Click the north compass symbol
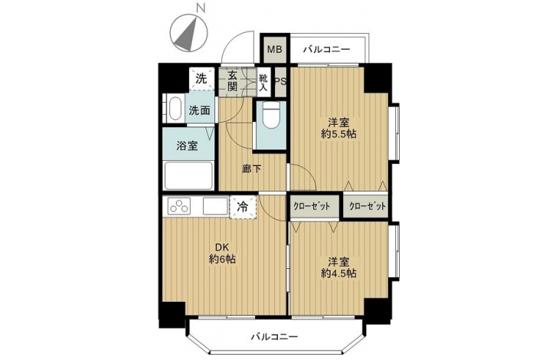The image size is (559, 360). coord(189,33)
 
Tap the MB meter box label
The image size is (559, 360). coord(275,49)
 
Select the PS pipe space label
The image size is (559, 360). coord(280,81)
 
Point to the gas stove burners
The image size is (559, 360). coord(179,206)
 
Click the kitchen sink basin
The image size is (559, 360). coord(215,206)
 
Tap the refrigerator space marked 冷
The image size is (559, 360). coord(243,206)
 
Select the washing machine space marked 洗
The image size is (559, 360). coord(201,78)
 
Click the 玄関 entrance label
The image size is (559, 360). coord(232,81)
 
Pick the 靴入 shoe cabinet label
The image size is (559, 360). coord(263,82)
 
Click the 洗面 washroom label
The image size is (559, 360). coord(199,110)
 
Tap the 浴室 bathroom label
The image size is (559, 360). coord(187,146)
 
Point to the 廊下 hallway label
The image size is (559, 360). coord(251,169)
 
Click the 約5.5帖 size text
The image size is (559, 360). coord(338,134)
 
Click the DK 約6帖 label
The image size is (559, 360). coord(222,253)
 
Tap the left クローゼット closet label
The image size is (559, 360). coord(312,206)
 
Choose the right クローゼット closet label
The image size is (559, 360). coord(368,206)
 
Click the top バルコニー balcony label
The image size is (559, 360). coord(326,50)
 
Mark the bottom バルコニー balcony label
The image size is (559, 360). coord(274,336)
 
